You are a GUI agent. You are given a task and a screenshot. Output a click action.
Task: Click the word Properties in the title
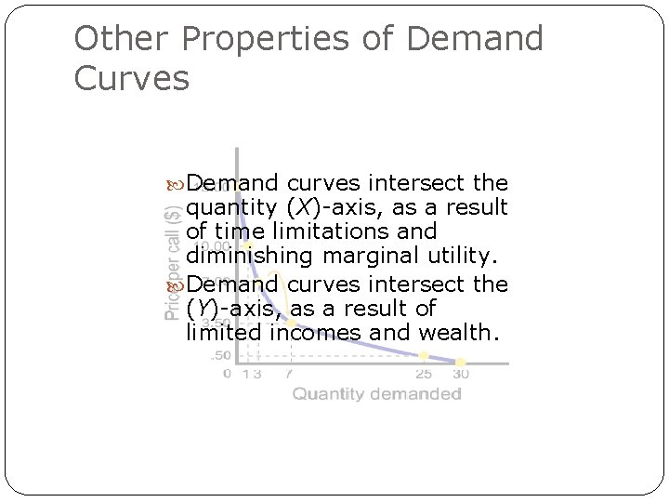pos(271,39)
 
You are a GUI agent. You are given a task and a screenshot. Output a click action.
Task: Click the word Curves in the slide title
pos(131,78)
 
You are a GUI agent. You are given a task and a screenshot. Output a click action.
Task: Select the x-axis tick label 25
pos(423,374)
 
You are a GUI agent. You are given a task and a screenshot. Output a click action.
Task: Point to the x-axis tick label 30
pos(460,374)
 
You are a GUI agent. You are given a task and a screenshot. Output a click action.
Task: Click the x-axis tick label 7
pos(290,374)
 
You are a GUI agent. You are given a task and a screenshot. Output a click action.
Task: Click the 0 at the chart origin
pos(228,374)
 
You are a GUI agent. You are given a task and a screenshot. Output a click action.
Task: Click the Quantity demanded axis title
pos(377,394)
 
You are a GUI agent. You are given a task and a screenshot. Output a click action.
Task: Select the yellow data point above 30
pos(460,362)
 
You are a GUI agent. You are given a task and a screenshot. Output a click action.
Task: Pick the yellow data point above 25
pos(424,355)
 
